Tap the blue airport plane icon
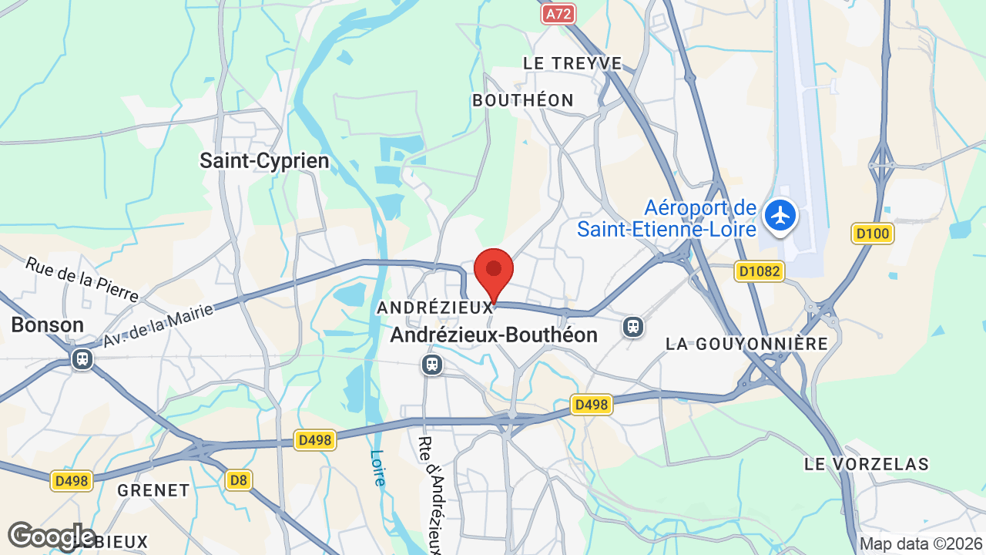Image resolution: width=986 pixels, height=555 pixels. [781, 215]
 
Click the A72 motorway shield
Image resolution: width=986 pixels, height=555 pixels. [558, 13]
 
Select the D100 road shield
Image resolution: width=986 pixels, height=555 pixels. [873, 234]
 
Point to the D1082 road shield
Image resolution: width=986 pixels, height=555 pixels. [760, 271]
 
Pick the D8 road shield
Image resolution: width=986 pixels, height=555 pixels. [239, 480]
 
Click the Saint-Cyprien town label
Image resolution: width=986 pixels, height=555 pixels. [264, 161]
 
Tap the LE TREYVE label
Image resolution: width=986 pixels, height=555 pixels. [572, 63]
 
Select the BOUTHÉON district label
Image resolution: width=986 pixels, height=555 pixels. [523, 100]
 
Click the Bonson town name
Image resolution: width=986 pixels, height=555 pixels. [47, 325]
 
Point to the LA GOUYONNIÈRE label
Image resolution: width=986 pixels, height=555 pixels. [746, 344]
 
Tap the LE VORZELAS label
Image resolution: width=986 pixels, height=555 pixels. [867, 464]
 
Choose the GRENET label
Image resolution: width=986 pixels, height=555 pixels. [153, 490]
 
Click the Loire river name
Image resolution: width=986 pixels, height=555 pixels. [377, 468]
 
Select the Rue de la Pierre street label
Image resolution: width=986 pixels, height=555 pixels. [82, 279]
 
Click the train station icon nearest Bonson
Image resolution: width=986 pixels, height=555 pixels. [82, 359]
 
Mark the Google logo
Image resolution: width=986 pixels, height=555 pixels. [51, 536]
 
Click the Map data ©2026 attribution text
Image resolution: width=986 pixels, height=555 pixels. [920, 544]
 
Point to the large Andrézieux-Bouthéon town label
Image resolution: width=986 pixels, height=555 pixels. [494, 335]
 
